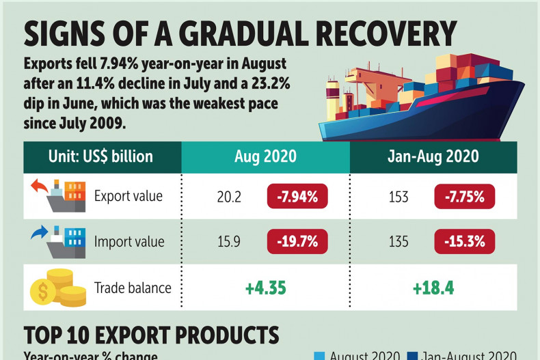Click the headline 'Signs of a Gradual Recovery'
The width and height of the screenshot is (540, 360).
[240, 33]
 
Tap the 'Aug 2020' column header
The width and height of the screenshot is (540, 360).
[266, 156]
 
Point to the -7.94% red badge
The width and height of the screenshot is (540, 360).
[297, 197]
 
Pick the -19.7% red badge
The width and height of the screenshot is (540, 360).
[297, 241]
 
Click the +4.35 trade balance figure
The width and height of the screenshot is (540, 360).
[266, 288]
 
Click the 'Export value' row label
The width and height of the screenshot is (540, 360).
[129, 197]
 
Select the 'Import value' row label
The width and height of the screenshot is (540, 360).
[129, 241]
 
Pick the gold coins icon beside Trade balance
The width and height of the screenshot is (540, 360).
[58, 288]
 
